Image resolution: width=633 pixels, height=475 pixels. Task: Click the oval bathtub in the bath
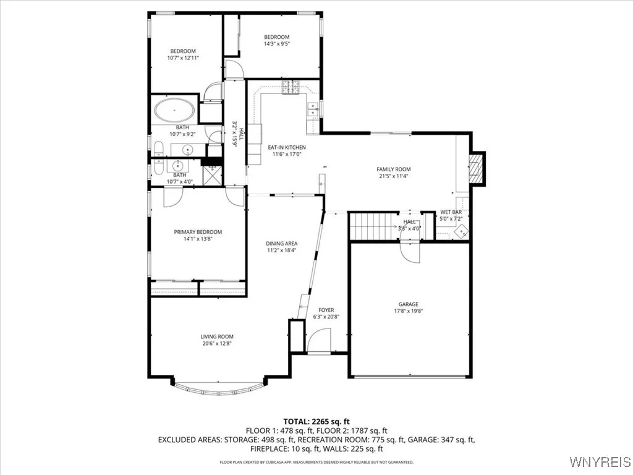click(x=174, y=112)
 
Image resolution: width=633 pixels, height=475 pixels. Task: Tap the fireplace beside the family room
click(x=476, y=168)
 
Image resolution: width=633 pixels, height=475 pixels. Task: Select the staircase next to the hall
click(x=373, y=226)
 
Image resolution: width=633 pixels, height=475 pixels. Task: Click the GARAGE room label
click(x=408, y=304)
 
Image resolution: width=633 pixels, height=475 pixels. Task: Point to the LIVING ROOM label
click(x=217, y=337)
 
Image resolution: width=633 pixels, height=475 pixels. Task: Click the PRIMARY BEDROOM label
click(x=197, y=232)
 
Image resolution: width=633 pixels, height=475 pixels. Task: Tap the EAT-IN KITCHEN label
click(x=286, y=147)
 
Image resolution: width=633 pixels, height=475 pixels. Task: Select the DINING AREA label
click(x=282, y=244)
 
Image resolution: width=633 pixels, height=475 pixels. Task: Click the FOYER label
click(x=326, y=310)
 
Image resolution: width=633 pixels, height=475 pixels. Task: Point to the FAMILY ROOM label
click(x=394, y=169)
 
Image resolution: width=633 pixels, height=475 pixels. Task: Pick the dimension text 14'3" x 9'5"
click(x=277, y=44)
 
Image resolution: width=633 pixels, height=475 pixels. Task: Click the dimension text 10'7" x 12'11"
click(x=183, y=58)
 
